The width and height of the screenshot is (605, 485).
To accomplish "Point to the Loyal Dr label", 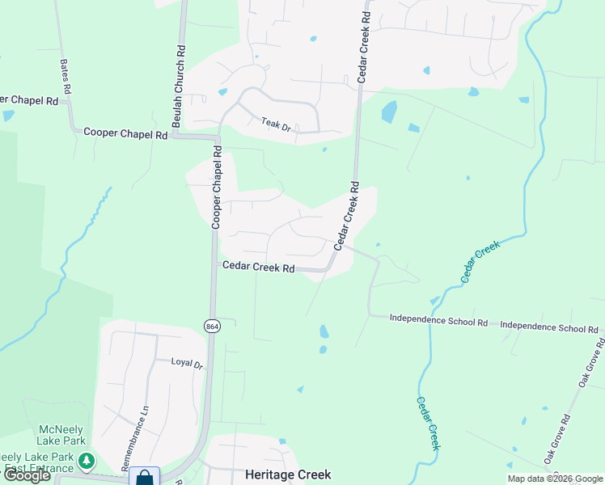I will [187, 363].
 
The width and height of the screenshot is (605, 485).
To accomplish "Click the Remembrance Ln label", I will [135, 438].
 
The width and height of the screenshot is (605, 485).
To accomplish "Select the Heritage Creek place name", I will [277, 475].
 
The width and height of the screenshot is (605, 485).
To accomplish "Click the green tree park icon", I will [87, 462].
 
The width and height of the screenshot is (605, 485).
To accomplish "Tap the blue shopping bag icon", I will [144, 478].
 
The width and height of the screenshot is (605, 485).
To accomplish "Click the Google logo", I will [26, 475].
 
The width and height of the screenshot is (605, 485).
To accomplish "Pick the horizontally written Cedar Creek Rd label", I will [257, 268].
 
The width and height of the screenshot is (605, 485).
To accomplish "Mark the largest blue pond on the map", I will [389, 112].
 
